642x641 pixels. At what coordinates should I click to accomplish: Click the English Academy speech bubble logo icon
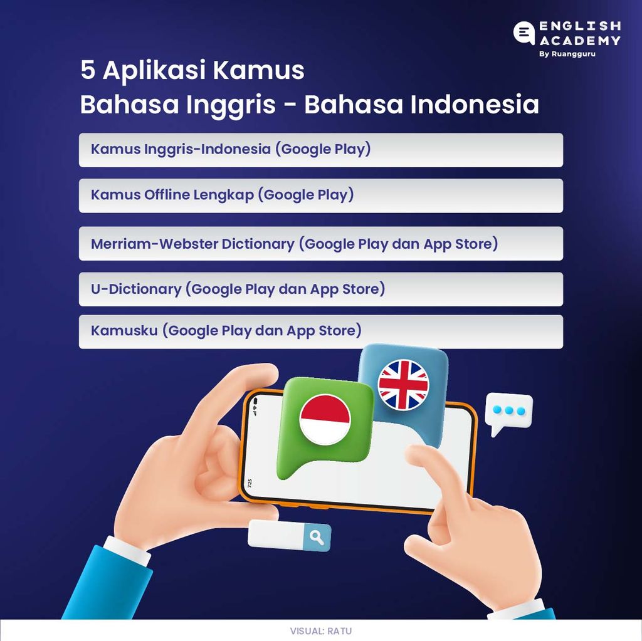(524, 33)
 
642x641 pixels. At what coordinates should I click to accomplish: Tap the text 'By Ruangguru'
(567, 55)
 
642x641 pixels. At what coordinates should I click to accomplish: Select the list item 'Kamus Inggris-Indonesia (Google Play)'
(231, 150)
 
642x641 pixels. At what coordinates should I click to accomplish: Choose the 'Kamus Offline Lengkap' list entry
(222, 195)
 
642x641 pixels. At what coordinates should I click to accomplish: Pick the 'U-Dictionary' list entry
(135, 289)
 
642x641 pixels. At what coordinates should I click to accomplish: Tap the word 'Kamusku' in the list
(124, 330)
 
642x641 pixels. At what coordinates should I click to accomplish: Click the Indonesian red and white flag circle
(325, 419)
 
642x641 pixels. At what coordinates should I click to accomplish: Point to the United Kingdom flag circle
(403, 384)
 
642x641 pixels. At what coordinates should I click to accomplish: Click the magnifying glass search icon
(317, 538)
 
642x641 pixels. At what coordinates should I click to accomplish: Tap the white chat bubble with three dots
(509, 411)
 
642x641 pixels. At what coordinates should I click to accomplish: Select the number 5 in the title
(87, 71)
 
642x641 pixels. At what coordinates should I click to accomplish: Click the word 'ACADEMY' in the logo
(580, 40)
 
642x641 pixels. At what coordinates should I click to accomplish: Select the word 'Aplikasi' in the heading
(154, 71)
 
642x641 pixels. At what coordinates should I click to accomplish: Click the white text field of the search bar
(276, 534)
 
